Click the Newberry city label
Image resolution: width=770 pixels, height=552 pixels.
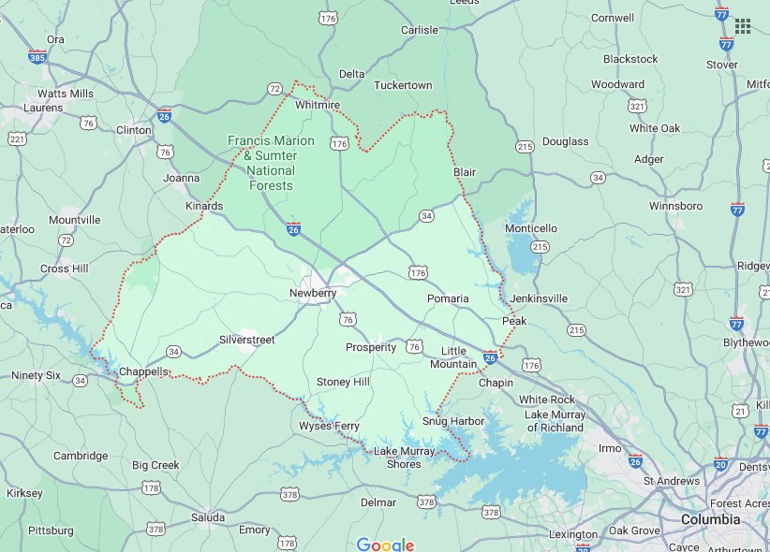[x=312, y=293]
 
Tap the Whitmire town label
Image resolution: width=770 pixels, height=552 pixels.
[x=317, y=106]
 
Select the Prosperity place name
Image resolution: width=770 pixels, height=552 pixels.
[x=370, y=347]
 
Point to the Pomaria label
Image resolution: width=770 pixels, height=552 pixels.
[x=448, y=298]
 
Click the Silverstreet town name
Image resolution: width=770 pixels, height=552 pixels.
[x=247, y=340]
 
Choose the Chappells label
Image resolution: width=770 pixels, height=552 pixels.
[x=143, y=371]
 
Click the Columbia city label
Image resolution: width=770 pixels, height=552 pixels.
[x=709, y=519]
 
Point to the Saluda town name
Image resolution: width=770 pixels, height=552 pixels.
[x=208, y=517]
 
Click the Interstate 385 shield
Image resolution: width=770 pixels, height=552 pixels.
[x=37, y=57]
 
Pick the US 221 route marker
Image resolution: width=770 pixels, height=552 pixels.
[x=17, y=138]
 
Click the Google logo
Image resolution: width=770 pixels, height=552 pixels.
[x=385, y=545]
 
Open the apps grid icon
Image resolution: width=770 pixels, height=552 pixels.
[x=743, y=26]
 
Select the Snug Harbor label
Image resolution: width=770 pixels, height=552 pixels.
[x=453, y=421]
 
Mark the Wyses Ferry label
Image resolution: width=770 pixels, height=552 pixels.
[x=329, y=427]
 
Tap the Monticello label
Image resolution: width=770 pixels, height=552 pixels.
[x=531, y=228]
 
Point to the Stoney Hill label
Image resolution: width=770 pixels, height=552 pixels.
[x=343, y=382]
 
